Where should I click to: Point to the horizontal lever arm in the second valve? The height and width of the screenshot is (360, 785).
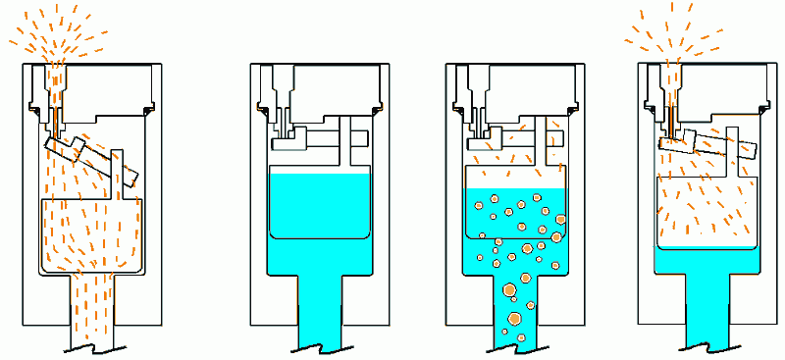click(324, 137)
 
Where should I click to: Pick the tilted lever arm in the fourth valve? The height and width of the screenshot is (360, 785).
click(706, 143)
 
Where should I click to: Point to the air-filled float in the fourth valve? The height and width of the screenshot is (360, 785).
click(706, 206)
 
